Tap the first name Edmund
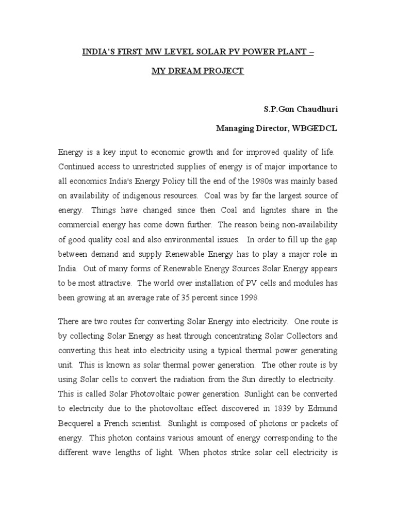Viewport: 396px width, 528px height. point(322,394)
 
